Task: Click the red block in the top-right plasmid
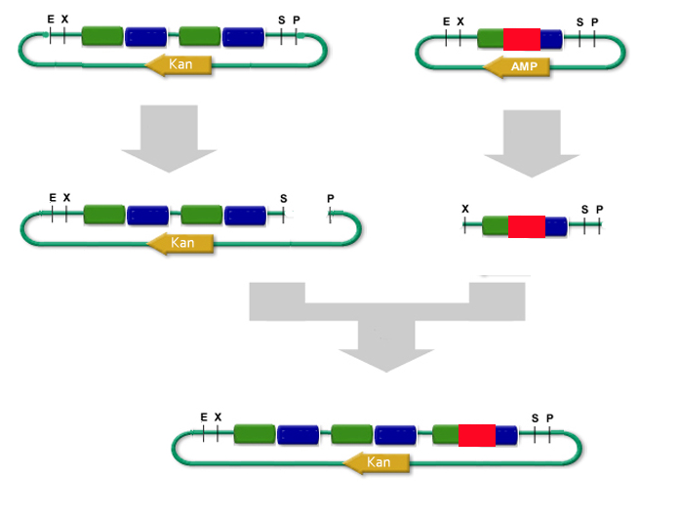[521, 39]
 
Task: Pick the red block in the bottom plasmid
[476, 435]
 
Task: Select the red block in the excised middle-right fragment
[526, 226]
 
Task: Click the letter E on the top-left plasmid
[50, 19]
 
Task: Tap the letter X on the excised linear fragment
[465, 209]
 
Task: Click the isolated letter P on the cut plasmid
[331, 198]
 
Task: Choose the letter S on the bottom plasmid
[535, 418]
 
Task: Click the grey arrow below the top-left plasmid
[169, 138]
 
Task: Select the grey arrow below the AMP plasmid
[531, 142]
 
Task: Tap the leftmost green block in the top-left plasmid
[102, 37]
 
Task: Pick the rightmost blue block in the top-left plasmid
[242, 37]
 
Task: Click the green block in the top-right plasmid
[491, 39]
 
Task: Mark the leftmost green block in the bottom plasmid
[254, 435]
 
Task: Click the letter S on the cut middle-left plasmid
[284, 198]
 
